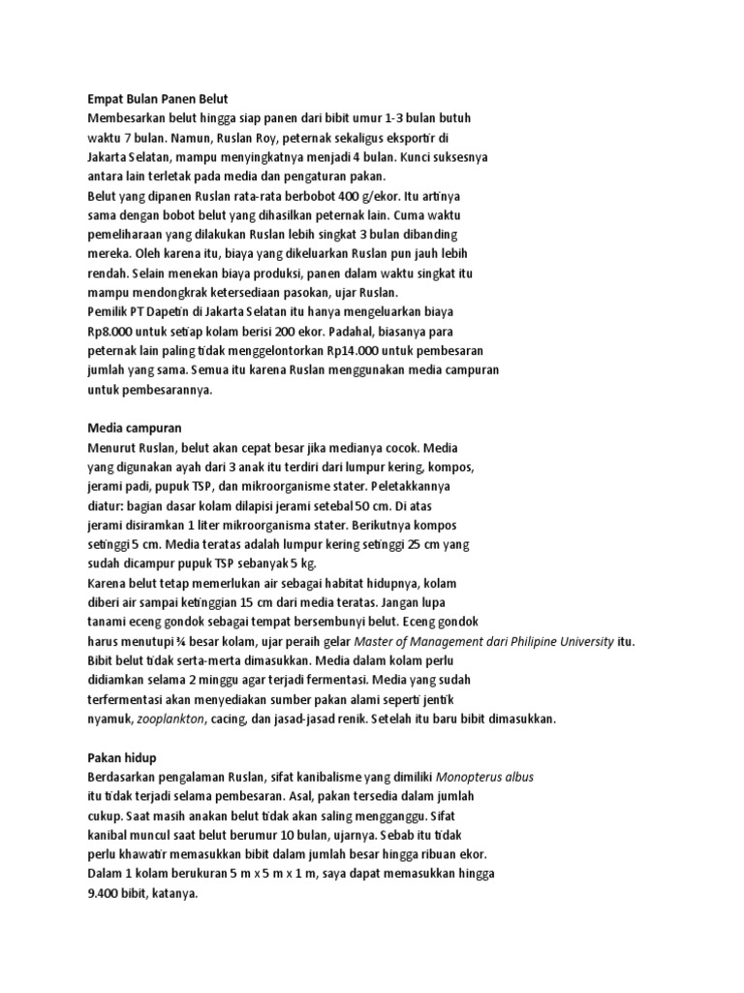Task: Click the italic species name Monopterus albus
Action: pos(485,777)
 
